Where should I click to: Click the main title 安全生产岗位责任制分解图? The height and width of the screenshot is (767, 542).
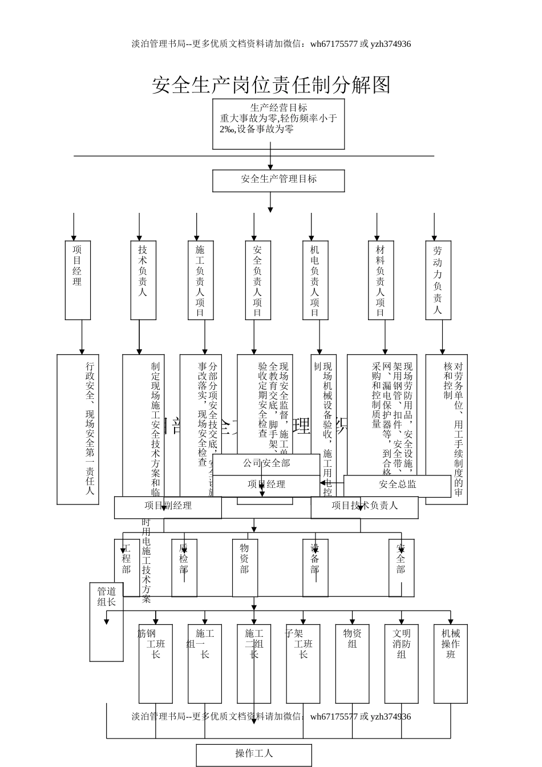pyautogui.click(x=271, y=85)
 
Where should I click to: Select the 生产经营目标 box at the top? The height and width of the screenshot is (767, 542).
pyautogui.click(x=278, y=124)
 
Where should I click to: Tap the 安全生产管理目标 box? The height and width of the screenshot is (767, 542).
pyautogui.click(x=278, y=180)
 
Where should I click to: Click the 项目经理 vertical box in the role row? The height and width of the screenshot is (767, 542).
pyautogui.click(x=78, y=280)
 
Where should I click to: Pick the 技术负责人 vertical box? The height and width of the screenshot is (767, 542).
pyautogui.click(x=143, y=280)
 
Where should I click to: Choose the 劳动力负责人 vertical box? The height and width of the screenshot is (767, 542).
pyautogui.click(x=438, y=280)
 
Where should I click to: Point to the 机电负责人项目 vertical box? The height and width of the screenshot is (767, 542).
pyautogui.click(x=315, y=280)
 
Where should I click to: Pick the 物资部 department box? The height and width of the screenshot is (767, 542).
pyautogui.click(x=244, y=567)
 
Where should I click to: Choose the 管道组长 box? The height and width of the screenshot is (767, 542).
pyautogui.click(x=106, y=621)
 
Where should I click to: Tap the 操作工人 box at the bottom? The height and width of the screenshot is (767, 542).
pyautogui.click(x=254, y=754)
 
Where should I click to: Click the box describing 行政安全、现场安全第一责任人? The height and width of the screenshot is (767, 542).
pyautogui.click(x=78, y=429)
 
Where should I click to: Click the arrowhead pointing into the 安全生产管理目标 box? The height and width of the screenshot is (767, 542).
pyautogui.click(x=270, y=166)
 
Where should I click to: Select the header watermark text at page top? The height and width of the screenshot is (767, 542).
pyautogui.click(x=271, y=44)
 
